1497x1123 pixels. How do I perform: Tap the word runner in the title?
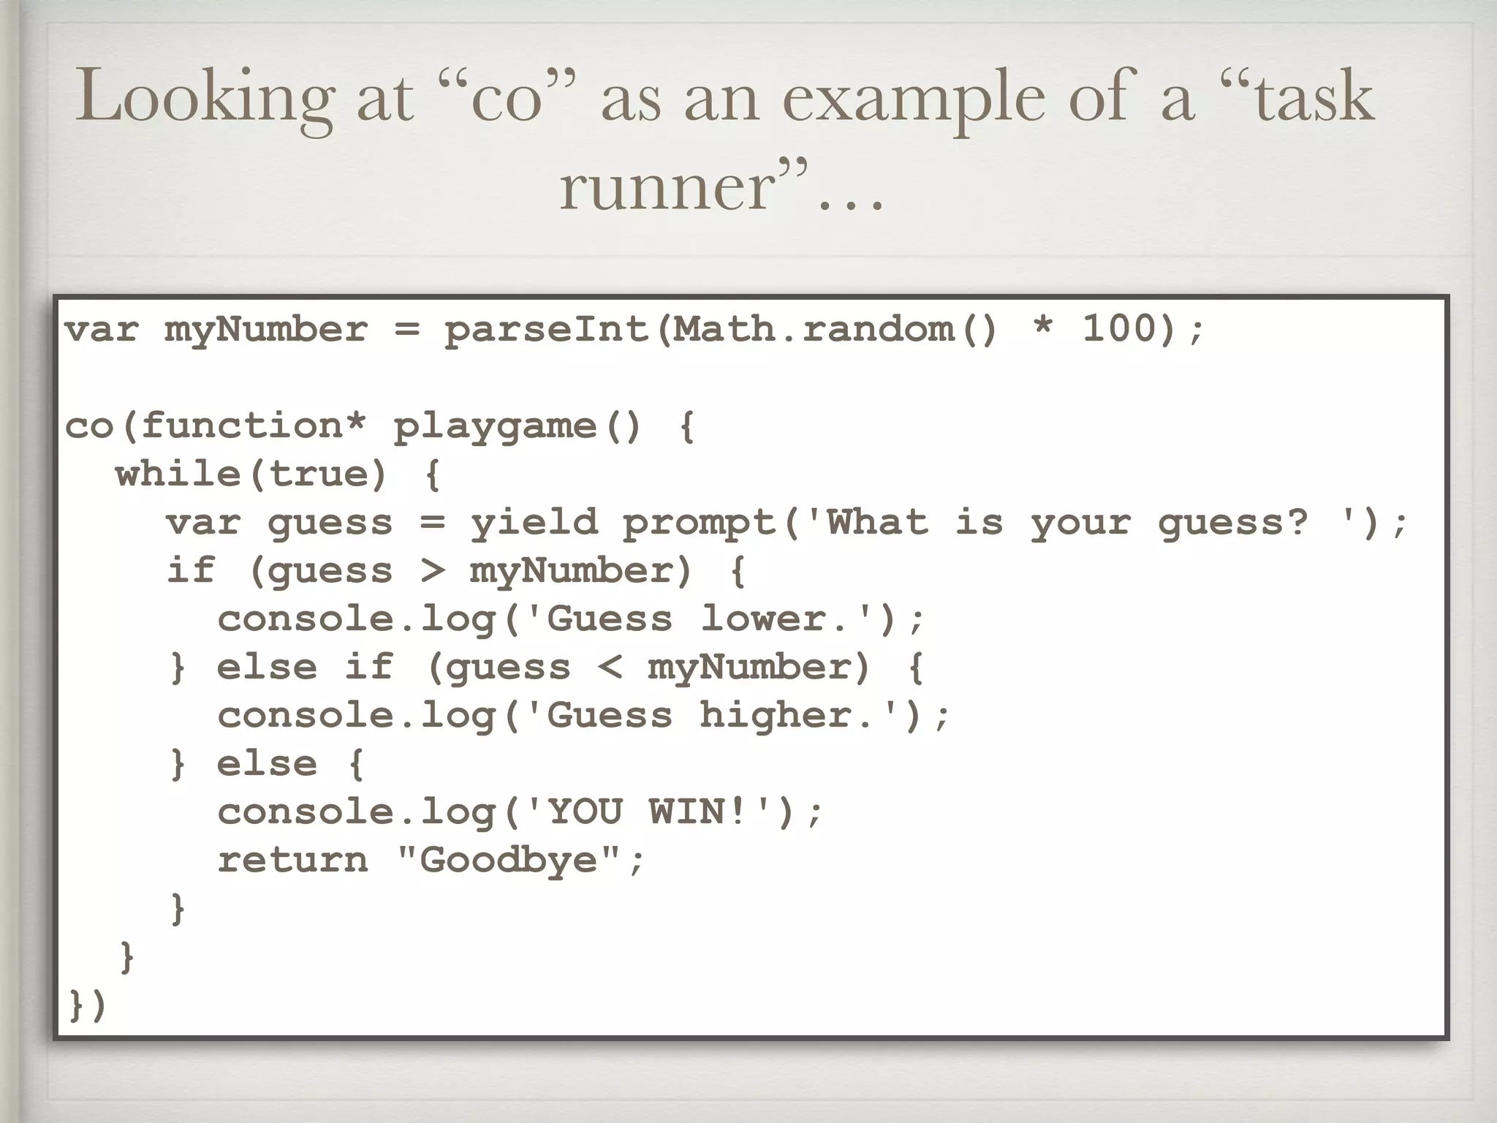point(665,187)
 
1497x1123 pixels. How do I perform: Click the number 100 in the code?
point(1119,328)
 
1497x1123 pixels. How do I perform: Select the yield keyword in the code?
point(534,522)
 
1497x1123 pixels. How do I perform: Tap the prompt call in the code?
point(699,522)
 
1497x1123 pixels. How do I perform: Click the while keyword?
point(178,474)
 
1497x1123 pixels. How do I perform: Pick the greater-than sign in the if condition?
point(433,570)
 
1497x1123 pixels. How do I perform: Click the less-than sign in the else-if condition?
point(610,667)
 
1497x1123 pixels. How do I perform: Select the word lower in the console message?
point(764,619)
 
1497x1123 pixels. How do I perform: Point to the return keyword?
point(292,860)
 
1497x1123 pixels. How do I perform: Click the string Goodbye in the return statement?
point(509,860)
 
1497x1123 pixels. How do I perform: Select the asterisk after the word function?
point(355,424)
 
